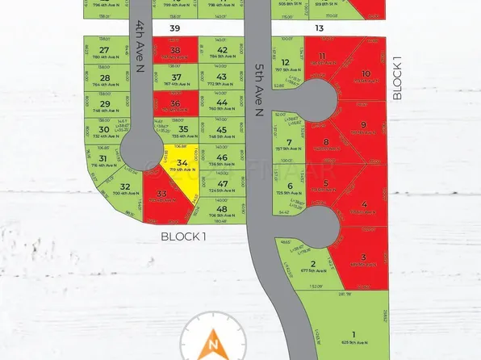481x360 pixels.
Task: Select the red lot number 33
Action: click(x=162, y=195)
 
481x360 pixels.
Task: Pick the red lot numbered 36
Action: click(x=175, y=104)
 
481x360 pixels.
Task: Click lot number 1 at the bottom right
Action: click(x=353, y=334)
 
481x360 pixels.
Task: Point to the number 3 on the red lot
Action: click(x=364, y=258)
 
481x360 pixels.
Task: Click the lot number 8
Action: click(x=326, y=142)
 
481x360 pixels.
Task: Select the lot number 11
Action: click(x=322, y=56)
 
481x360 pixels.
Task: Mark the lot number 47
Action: click(x=222, y=184)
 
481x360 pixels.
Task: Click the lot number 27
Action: click(x=104, y=50)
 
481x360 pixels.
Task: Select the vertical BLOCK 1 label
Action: click(x=396, y=78)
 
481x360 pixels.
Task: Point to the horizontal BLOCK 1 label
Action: click(x=184, y=237)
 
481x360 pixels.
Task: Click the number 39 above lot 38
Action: click(x=174, y=27)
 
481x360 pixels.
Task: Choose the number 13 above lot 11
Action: click(x=320, y=27)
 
